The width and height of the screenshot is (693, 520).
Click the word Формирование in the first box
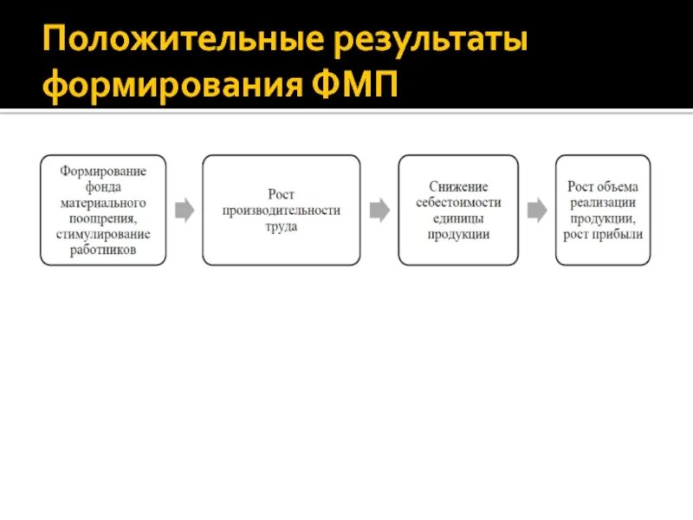pos(103,170)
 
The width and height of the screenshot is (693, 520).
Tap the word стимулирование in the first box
pos(103,234)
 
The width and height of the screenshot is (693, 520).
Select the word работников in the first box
pos(103,250)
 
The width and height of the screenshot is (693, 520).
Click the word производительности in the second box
pos(282,211)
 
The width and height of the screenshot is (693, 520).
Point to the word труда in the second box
pos(282,226)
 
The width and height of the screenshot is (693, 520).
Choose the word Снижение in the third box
pos(458,186)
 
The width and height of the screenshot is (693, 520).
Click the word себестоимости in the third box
pos(458,202)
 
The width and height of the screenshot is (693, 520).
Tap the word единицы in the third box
pos(458,218)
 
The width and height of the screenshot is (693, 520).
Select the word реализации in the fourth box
pos(602,202)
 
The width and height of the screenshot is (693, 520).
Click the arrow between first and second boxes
pos(185,210)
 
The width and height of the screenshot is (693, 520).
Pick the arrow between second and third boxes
pos(379,210)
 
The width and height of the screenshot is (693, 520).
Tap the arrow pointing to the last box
pos(537,210)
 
